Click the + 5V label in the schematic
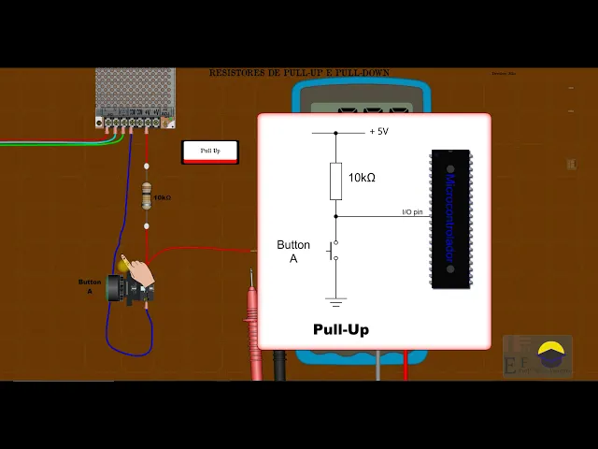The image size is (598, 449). point(378,132)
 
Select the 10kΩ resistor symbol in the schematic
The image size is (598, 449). point(335,181)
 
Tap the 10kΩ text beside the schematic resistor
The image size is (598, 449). point(362,178)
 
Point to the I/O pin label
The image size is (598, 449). point(411,212)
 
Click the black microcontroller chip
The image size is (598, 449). point(450,219)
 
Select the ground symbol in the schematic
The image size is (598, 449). point(335,301)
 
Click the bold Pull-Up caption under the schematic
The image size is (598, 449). point(341,329)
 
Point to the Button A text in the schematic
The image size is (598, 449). point(293,251)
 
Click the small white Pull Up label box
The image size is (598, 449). point(210,151)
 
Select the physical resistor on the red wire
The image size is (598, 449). point(146,196)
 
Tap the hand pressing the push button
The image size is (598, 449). point(140,272)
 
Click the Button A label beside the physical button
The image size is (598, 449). point(90,286)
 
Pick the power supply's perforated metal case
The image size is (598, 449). point(135,90)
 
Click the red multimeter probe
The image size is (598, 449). point(253,327)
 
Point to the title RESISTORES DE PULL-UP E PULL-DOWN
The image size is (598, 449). point(299,73)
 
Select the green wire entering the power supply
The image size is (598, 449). point(56,142)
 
